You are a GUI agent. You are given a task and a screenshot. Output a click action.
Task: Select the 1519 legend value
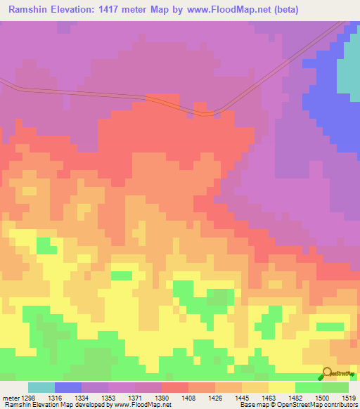[x=349, y=398]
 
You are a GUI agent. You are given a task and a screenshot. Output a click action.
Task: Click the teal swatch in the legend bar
[x=41, y=387]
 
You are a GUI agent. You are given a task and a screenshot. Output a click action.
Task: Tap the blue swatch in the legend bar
[x=68, y=387]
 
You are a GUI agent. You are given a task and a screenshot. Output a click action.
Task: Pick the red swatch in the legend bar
[x=175, y=387]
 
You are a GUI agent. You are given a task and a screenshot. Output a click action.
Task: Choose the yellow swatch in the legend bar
[x=282, y=387]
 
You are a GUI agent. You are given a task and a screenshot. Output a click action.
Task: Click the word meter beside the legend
[x=10, y=398]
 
